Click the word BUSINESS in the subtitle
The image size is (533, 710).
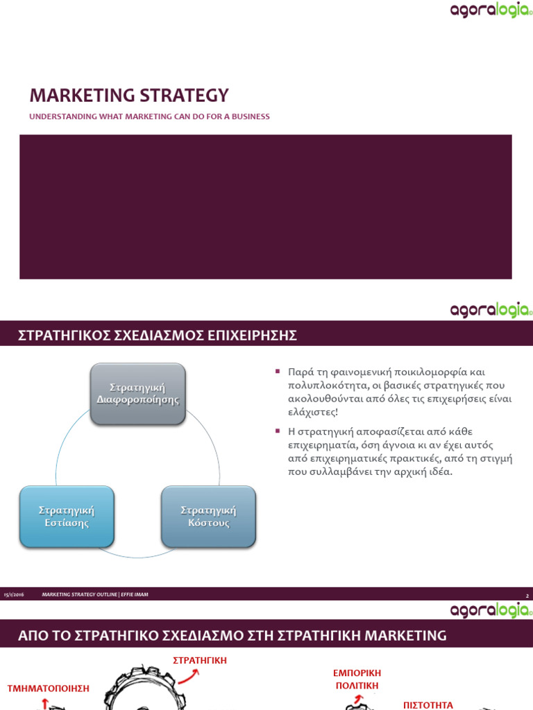coord(250,116)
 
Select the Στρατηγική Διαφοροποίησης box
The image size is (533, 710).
coord(137,393)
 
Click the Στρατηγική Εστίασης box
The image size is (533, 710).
coord(67,517)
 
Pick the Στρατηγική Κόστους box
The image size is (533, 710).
coord(208,517)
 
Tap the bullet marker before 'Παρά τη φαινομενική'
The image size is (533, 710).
coord(278,372)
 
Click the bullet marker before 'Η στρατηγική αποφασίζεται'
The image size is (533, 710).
coord(278,431)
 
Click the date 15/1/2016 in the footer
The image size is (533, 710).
coord(14,595)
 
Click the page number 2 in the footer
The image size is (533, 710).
coord(527,596)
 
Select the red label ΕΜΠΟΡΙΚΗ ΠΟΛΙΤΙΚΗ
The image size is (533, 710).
coord(357,679)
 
